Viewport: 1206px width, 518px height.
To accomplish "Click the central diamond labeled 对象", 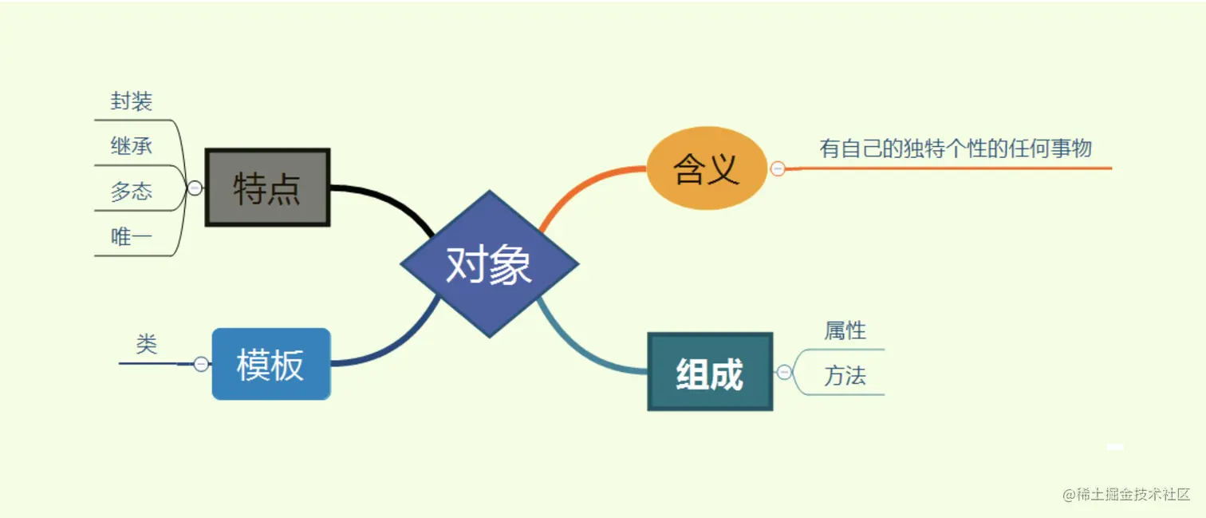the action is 489,263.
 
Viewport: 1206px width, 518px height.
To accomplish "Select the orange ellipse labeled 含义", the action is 707,168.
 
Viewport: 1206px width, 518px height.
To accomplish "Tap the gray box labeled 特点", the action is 267,188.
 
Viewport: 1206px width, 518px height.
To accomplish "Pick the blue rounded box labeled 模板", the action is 270,364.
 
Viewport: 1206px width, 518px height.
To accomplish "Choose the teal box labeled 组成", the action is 710,372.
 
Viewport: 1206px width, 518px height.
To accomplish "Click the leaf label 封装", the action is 132,102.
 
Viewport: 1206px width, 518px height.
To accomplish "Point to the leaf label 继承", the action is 132,146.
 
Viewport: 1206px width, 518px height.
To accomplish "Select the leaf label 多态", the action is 132,192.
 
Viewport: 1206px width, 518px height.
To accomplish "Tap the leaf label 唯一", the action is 132,236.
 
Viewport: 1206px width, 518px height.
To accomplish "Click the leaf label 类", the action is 147,344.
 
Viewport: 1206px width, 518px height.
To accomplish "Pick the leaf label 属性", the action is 845,330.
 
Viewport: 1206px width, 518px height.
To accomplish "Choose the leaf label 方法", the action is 845,376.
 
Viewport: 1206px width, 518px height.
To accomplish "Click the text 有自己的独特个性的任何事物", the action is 956,148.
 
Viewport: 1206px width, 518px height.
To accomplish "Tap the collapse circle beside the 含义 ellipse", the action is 778,168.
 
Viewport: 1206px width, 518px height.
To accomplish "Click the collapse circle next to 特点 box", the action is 195,188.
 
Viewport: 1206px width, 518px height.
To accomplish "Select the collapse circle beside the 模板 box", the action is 201,364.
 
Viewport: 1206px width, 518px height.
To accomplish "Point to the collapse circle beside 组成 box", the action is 784,372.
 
